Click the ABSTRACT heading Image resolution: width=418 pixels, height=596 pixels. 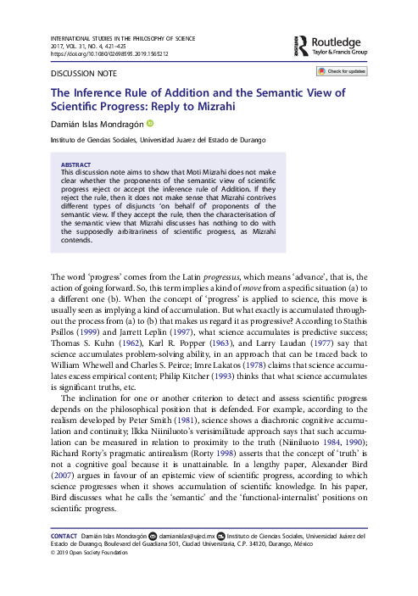point(78,164)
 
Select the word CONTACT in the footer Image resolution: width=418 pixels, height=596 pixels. point(65,536)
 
